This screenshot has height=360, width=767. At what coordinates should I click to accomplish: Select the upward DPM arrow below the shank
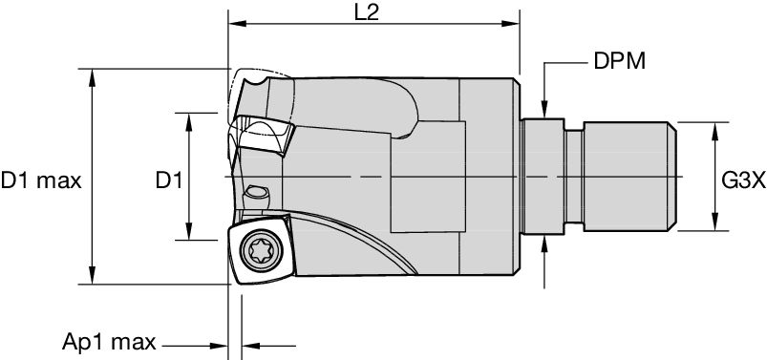point(544,245)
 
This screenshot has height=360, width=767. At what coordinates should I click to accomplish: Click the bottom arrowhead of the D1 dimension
point(188,236)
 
